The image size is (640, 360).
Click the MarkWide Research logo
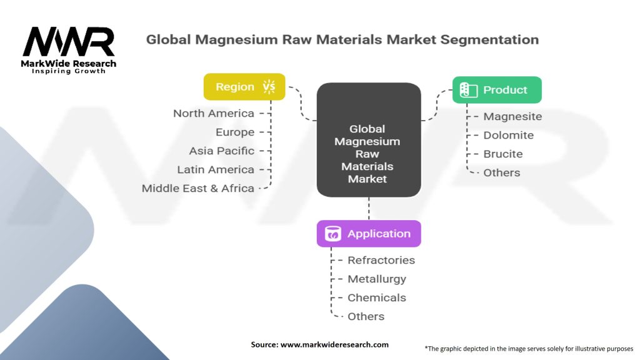click(x=69, y=49)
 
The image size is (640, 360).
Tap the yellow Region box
click(x=244, y=87)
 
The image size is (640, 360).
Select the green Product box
click(x=497, y=90)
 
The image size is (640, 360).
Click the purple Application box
click(x=369, y=234)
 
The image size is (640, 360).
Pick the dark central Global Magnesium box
click(x=368, y=141)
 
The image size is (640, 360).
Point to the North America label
click(x=214, y=113)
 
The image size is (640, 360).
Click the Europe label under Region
click(x=235, y=132)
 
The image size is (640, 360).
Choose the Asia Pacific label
click(x=222, y=151)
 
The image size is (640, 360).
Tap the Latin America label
click(x=216, y=169)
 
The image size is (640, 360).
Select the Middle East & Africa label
click(x=198, y=188)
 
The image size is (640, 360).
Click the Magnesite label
click(x=512, y=116)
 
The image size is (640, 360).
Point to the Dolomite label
click(x=509, y=135)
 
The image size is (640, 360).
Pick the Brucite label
click(x=503, y=154)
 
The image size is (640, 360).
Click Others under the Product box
click(x=502, y=172)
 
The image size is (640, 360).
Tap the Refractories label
click(x=381, y=260)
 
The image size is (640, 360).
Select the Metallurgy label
click(x=377, y=279)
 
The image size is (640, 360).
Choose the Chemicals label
click(x=377, y=297)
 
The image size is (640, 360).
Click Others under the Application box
click(x=366, y=316)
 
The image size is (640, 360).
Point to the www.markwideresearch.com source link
click(x=334, y=344)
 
